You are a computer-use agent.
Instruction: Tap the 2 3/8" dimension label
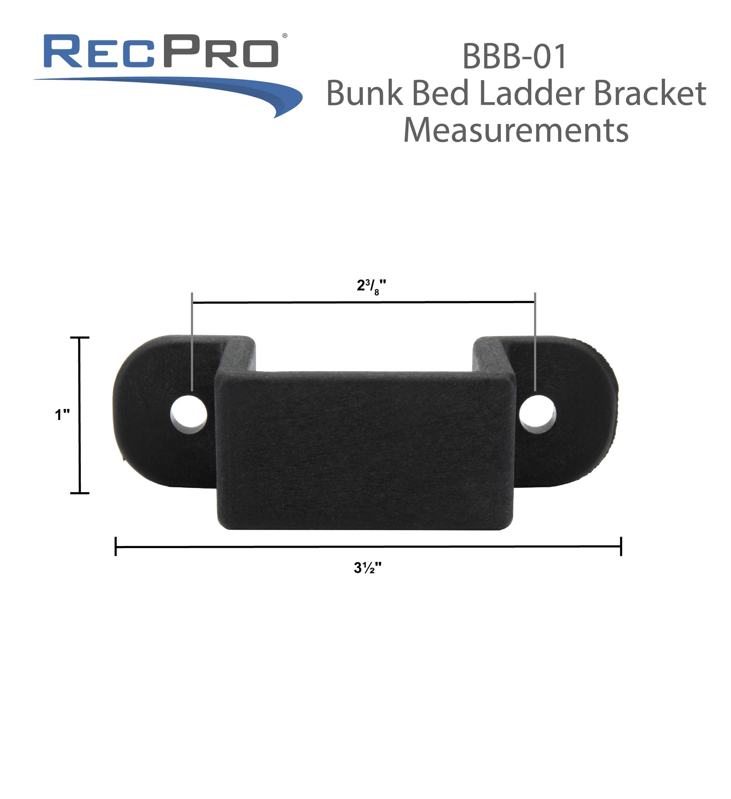[x=371, y=286]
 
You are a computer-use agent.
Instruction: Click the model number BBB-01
[x=514, y=57]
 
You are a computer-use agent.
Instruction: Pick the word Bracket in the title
[x=650, y=93]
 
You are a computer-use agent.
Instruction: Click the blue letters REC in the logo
[x=99, y=52]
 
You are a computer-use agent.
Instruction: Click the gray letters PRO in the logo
[x=221, y=52]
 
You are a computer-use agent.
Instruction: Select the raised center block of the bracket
[x=365, y=448]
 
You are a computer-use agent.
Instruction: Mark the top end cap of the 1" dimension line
[x=80, y=338]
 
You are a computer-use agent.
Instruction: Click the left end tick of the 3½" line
[x=116, y=546]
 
